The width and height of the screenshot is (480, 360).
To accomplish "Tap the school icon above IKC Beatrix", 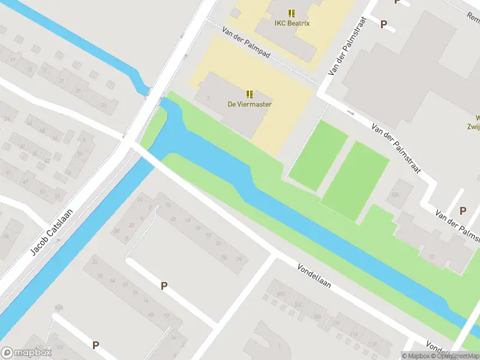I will pyautogui.click(x=292, y=13).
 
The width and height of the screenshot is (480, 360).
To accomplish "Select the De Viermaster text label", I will pyautogui.click(x=249, y=104).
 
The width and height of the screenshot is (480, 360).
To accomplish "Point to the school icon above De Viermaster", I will pyautogui.click(x=250, y=94).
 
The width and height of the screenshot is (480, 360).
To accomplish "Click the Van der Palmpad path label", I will pyautogui.click(x=246, y=43).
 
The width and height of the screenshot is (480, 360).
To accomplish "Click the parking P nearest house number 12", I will pyautogui.click(x=463, y=211).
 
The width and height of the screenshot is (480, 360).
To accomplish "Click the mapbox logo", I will pyautogui.click(x=26, y=353).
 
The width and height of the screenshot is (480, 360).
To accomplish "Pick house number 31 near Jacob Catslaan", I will pyautogui.click(x=103, y=106).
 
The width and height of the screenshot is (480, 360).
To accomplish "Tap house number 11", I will pyautogui.click(x=12, y=58).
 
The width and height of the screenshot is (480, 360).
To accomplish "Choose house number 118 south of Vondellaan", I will pyautogui.click(x=372, y=344).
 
